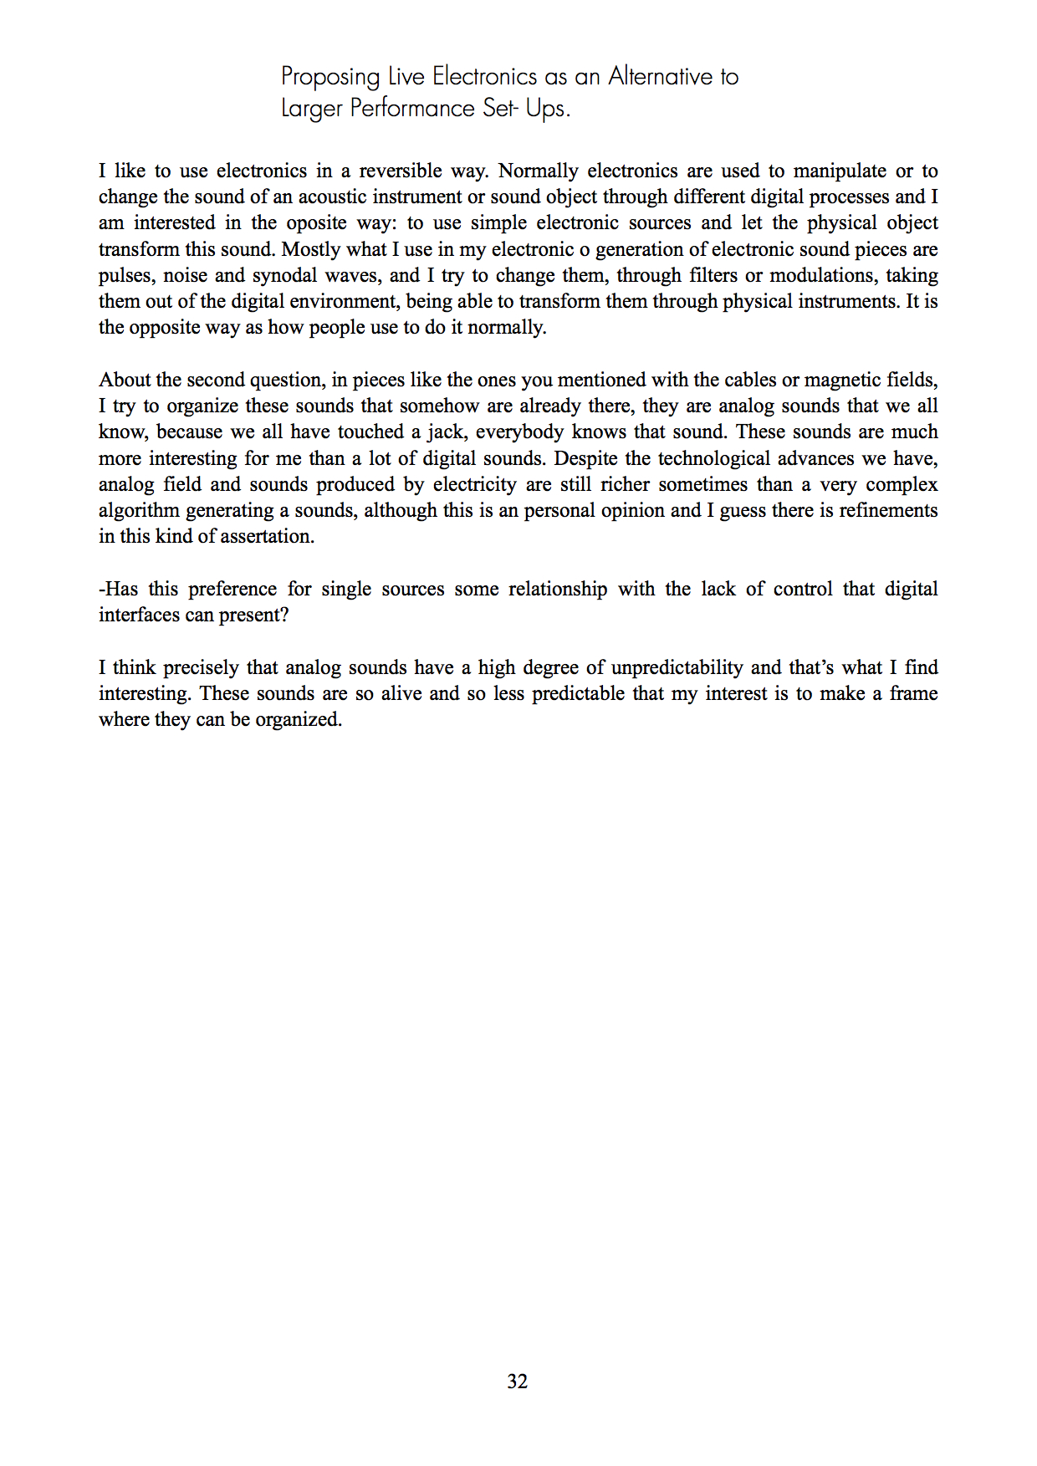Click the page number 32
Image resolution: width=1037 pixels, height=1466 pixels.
518,1382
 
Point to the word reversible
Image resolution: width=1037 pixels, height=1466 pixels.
401,171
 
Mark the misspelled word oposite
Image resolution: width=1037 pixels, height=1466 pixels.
316,222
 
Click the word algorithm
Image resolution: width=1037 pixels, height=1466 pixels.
139,510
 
